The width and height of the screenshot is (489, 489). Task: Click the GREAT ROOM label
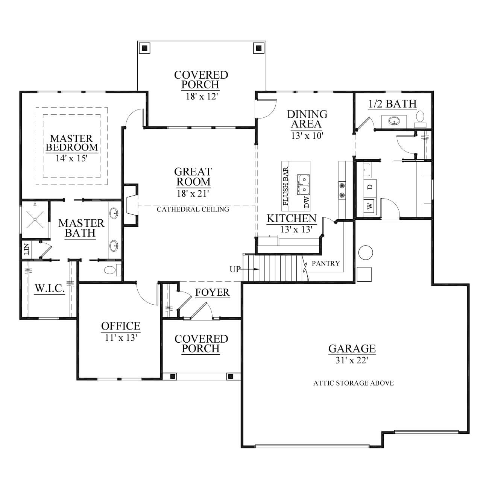193,177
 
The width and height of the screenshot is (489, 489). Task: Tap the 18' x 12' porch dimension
202,96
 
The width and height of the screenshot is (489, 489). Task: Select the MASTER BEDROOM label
72,143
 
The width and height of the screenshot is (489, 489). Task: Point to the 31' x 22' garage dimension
352,360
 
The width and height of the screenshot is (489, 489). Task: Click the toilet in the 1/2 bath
420,118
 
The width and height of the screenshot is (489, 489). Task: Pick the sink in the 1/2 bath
394,121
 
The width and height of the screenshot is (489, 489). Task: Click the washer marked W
370,206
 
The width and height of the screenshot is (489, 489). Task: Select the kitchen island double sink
304,184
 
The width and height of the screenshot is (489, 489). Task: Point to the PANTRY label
326,263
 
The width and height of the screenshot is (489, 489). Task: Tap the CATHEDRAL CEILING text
193,210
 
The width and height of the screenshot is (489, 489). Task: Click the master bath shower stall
35,220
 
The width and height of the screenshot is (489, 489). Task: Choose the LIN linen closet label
26,249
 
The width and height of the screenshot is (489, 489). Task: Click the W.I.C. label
50,288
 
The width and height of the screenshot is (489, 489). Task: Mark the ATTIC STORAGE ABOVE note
354,383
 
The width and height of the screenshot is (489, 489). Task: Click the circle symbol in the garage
365,252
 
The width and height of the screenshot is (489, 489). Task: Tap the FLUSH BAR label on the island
286,186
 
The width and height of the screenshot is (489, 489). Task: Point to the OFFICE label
121,326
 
